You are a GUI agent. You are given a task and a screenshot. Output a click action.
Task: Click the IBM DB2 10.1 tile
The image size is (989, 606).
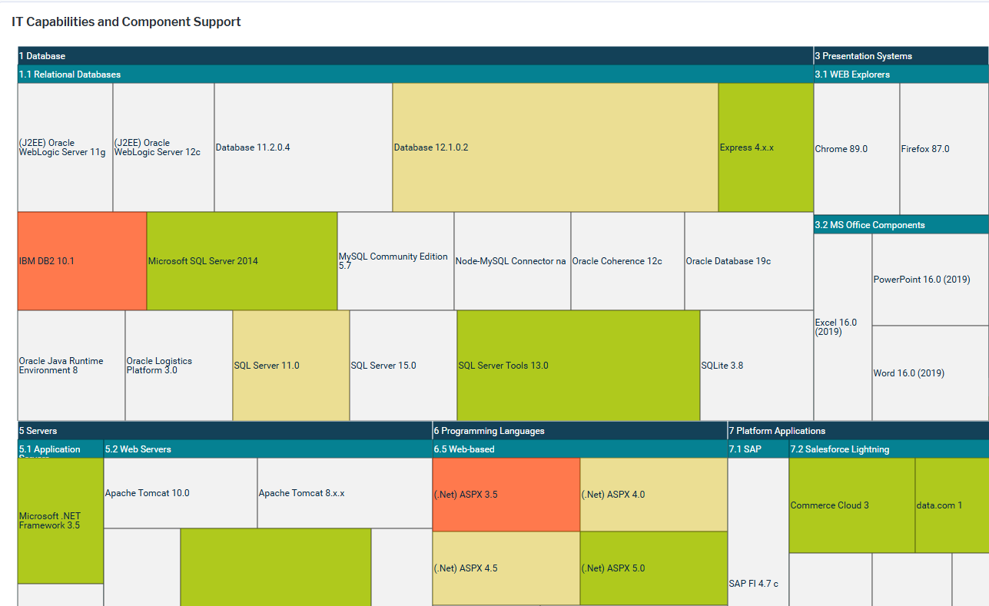tap(81, 261)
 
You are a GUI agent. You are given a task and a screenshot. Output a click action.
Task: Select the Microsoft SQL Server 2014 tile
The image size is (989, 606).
tap(241, 261)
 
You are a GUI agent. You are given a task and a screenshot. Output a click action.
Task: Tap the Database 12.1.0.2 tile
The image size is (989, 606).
tap(555, 147)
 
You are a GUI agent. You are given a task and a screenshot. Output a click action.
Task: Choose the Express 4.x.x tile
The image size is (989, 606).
tap(765, 147)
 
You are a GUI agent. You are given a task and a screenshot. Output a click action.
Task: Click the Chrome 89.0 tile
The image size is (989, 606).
tap(856, 149)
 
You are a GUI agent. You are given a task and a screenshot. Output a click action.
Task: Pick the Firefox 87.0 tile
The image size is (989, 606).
tap(944, 149)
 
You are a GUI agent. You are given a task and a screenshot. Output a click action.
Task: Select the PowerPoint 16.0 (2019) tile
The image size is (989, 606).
tap(930, 280)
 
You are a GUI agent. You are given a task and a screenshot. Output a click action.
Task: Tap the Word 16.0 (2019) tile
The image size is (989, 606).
tap(930, 373)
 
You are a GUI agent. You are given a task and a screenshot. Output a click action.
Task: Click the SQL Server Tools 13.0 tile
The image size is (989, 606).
tap(578, 366)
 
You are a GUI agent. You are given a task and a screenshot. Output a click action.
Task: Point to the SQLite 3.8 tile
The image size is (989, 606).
tap(756, 366)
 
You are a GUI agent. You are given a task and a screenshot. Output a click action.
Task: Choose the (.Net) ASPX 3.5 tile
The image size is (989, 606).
tap(506, 495)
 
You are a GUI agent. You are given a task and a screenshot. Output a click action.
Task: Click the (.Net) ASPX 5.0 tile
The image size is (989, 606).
tap(653, 568)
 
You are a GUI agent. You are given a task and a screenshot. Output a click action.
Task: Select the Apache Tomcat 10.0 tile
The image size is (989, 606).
tap(180, 493)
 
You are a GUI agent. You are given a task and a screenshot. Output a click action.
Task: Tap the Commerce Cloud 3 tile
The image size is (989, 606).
tap(851, 505)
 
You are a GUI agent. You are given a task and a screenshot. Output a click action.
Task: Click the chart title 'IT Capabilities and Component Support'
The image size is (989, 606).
tap(126, 22)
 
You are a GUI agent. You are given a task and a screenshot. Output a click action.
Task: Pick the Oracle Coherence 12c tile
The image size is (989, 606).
tap(627, 261)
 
